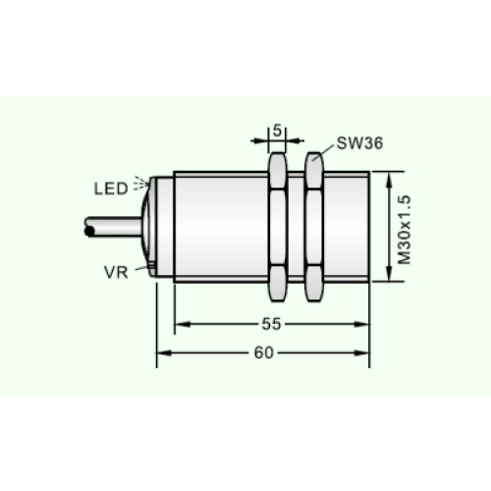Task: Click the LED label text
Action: click(111, 189)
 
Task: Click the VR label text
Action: click(116, 272)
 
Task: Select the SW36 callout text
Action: click(359, 143)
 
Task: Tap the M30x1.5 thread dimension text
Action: click(405, 230)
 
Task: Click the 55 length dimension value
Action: click(271, 324)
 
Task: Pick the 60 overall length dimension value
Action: click(264, 353)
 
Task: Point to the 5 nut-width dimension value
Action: click(277, 131)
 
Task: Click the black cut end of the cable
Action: click(88, 231)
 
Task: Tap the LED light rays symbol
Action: click(140, 184)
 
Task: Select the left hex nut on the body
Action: click(278, 227)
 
